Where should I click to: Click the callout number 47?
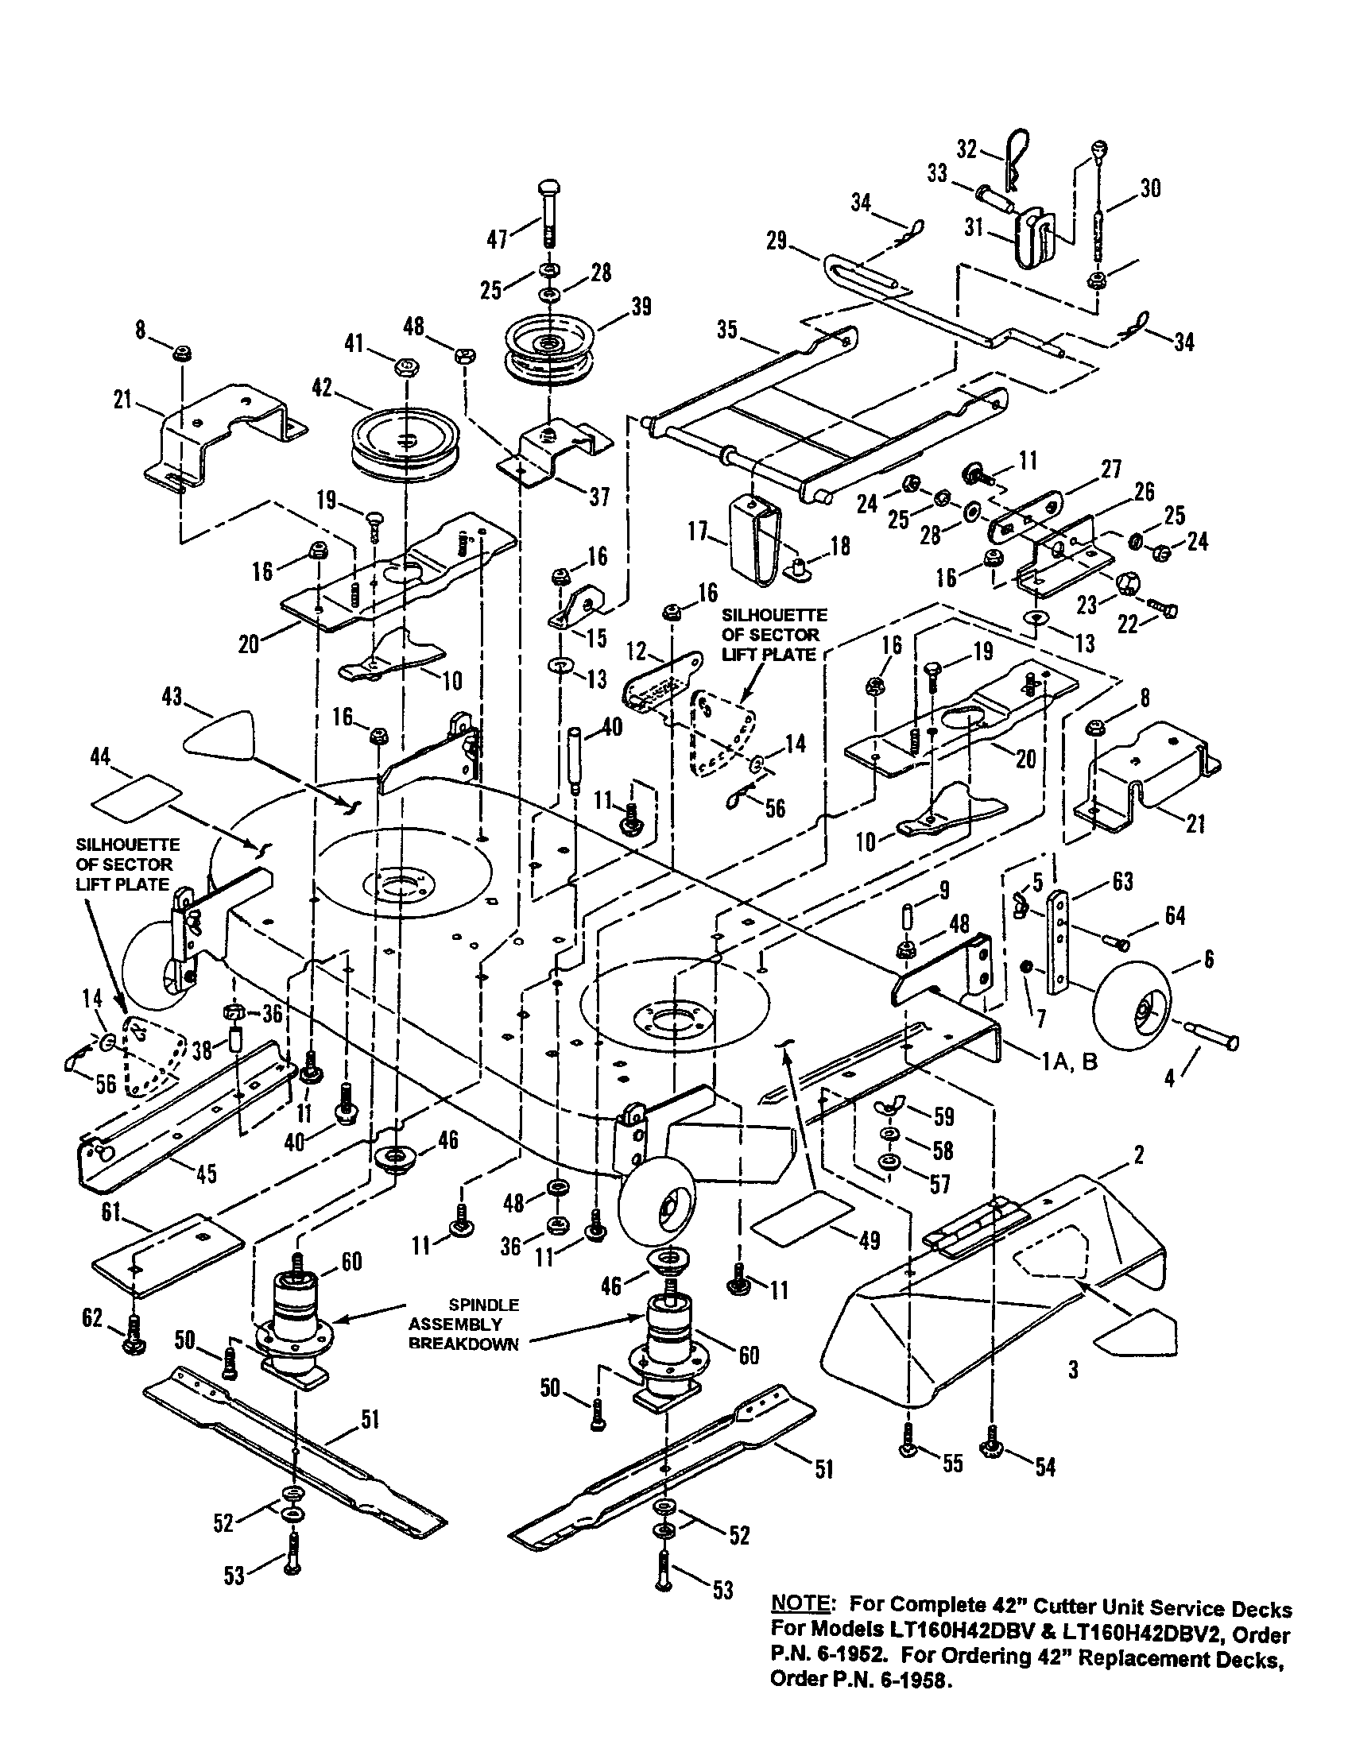point(497,238)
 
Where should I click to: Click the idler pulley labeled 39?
point(549,348)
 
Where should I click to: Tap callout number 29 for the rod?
point(776,239)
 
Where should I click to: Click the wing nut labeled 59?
point(889,1114)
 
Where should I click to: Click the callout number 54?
point(1045,1466)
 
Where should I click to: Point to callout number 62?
point(92,1317)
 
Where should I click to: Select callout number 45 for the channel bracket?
point(207,1174)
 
